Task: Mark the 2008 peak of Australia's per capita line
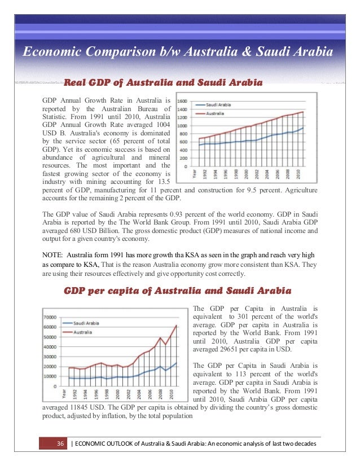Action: coord(160,338)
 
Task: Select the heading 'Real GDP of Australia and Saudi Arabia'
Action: coord(164,83)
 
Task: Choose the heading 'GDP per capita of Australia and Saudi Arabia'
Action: coord(177,292)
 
